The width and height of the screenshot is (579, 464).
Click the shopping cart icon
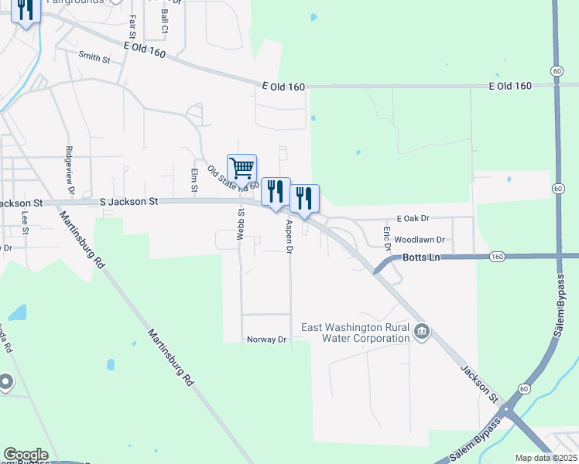click(x=242, y=167)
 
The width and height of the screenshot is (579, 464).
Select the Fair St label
click(x=133, y=28)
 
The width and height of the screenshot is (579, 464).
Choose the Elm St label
click(x=194, y=179)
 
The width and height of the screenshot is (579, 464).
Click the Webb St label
click(x=241, y=224)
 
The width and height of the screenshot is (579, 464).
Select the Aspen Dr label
click(x=289, y=237)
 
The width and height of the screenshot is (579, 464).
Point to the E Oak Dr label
click(x=413, y=219)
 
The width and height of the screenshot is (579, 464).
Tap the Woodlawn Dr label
click(x=420, y=241)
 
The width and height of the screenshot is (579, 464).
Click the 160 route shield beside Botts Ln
click(x=498, y=256)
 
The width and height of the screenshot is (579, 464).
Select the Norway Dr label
click(x=266, y=339)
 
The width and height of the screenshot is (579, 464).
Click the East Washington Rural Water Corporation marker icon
click(x=422, y=333)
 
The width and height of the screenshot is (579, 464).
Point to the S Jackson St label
click(x=129, y=201)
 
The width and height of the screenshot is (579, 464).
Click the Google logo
click(x=25, y=455)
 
